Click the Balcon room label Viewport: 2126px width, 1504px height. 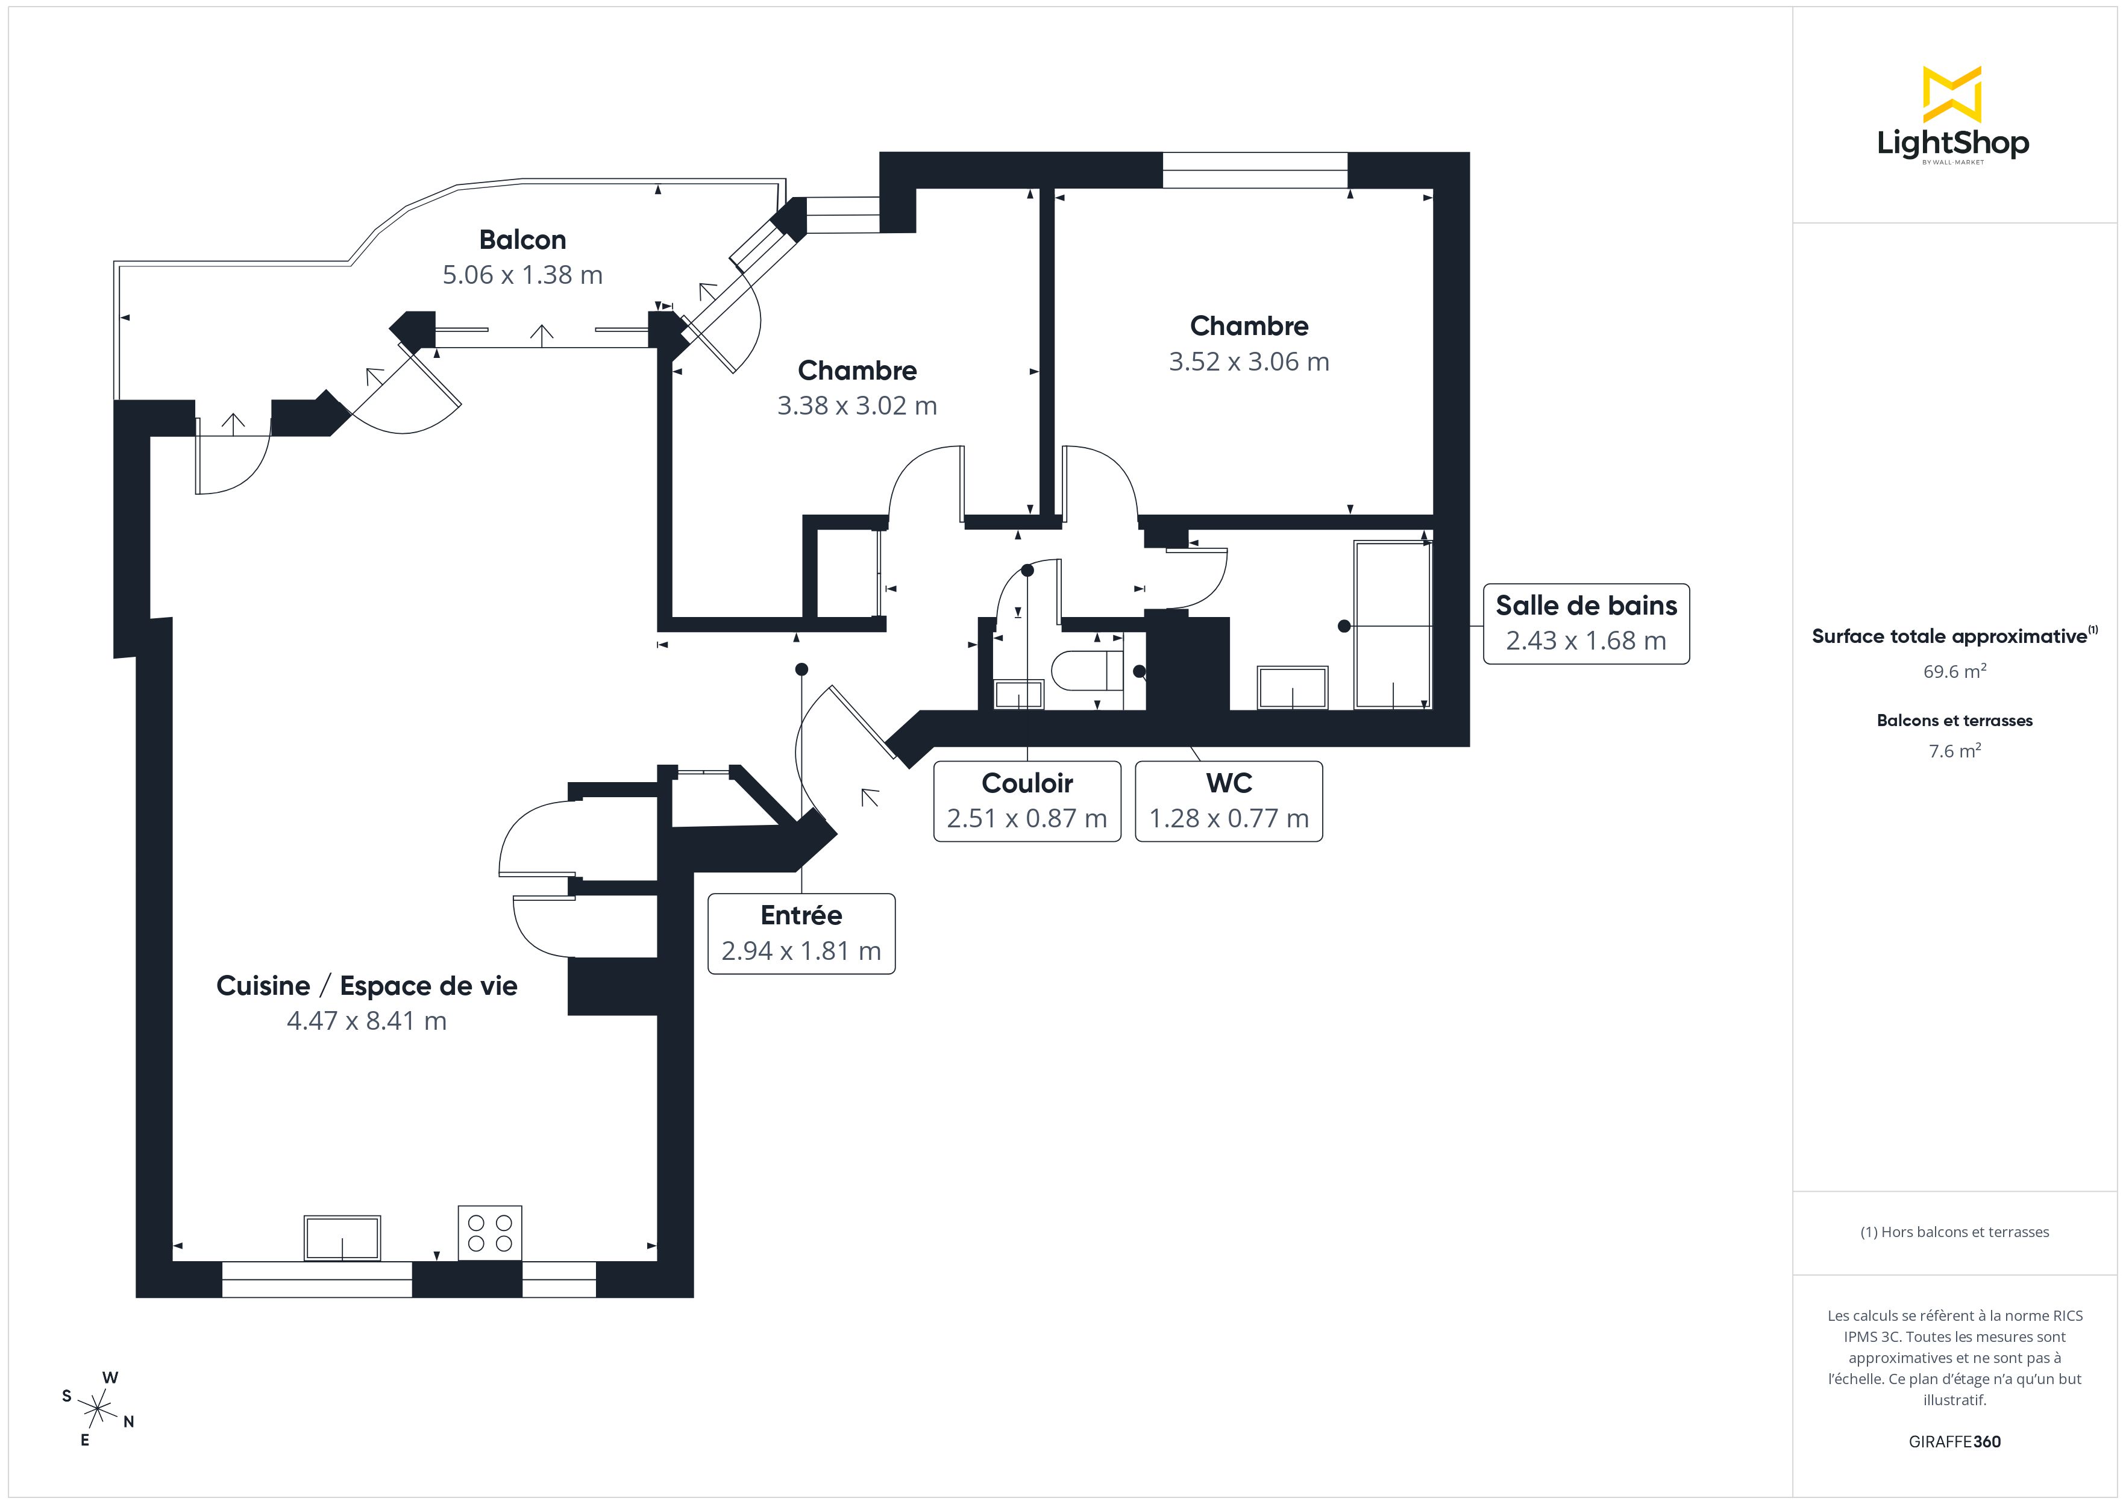522,240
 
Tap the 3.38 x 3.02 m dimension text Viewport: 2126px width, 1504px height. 856,406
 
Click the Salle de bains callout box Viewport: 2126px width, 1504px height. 1585,623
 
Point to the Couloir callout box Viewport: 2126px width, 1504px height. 1027,801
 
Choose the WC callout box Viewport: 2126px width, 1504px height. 1228,801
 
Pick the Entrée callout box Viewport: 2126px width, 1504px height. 801,933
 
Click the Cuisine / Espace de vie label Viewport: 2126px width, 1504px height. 366,985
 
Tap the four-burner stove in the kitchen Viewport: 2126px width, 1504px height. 490,1233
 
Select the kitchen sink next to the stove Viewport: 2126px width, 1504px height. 342,1238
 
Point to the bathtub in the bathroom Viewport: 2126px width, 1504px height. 1391,625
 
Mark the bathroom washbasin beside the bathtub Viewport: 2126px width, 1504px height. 1292,687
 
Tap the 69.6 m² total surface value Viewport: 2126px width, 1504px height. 1954,671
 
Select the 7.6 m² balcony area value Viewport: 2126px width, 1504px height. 1954,751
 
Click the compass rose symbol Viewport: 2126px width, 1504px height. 96,1409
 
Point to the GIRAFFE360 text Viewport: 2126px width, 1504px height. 1954,1442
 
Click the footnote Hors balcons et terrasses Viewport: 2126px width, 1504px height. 1954,1232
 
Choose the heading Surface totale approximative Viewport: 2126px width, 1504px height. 1949,636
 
